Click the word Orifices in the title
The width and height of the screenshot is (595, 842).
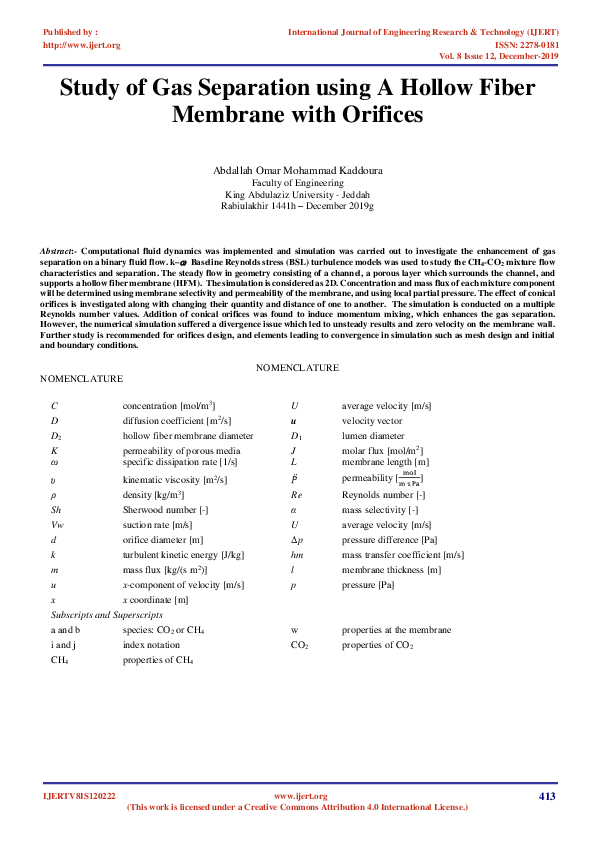(x=371, y=115)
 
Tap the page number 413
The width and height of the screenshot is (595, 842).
(x=545, y=796)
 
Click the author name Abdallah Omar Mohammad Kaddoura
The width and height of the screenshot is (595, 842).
(x=297, y=171)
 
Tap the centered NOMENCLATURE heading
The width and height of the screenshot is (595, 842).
(x=297, y=368)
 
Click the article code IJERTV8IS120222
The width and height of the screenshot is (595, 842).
(x=79, y=796)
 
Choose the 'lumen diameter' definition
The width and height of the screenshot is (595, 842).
(x=373, y=437)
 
